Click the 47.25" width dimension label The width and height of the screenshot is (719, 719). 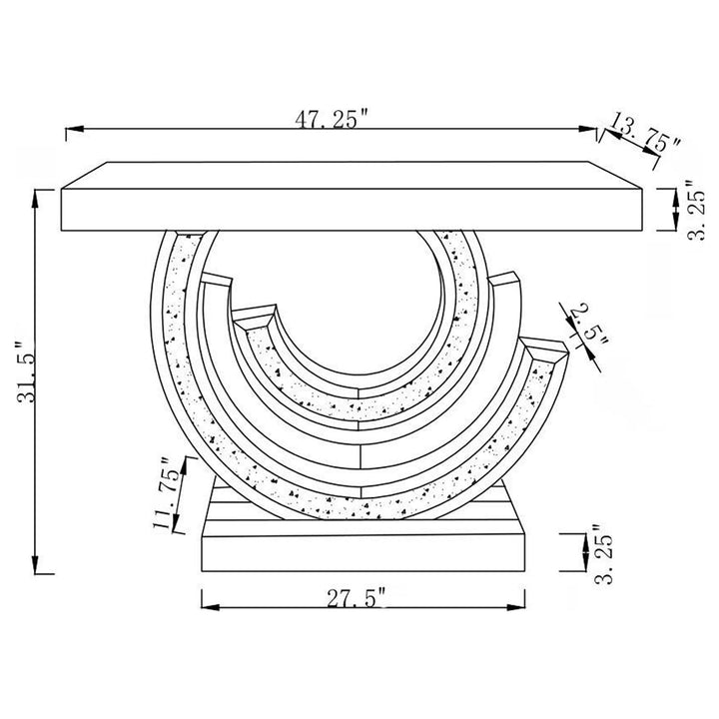coord(332,119)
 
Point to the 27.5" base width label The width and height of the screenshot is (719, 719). coord(356,597)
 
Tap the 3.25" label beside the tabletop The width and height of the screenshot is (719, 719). coord(695,209)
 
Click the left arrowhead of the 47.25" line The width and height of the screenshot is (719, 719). coord(74,129)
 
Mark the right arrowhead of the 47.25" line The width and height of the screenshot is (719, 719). coord(588,129)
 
